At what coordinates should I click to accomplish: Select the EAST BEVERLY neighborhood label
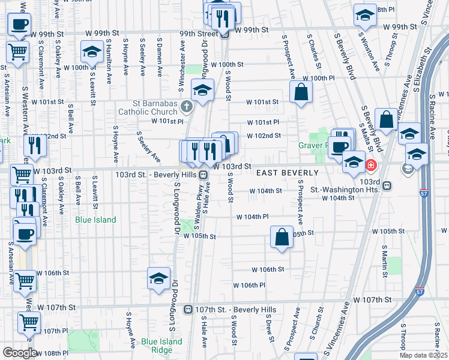[287, 173]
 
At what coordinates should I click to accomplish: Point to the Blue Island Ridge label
[161, 346]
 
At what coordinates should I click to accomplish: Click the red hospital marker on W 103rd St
[371, 164]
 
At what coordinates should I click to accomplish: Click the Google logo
[20, 353]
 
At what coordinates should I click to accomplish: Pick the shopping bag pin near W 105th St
[282, 237]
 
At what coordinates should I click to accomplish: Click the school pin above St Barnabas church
[202, 90]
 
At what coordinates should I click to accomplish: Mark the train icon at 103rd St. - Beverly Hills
[203, 175]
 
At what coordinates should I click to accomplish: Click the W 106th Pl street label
[249, 285]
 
